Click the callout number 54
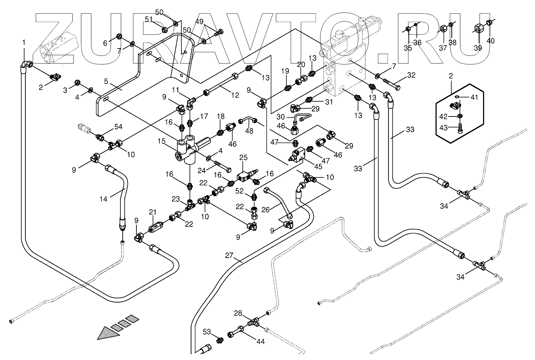click(118, 127)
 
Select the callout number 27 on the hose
click(229, 256)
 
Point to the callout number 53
click(207, 332)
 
